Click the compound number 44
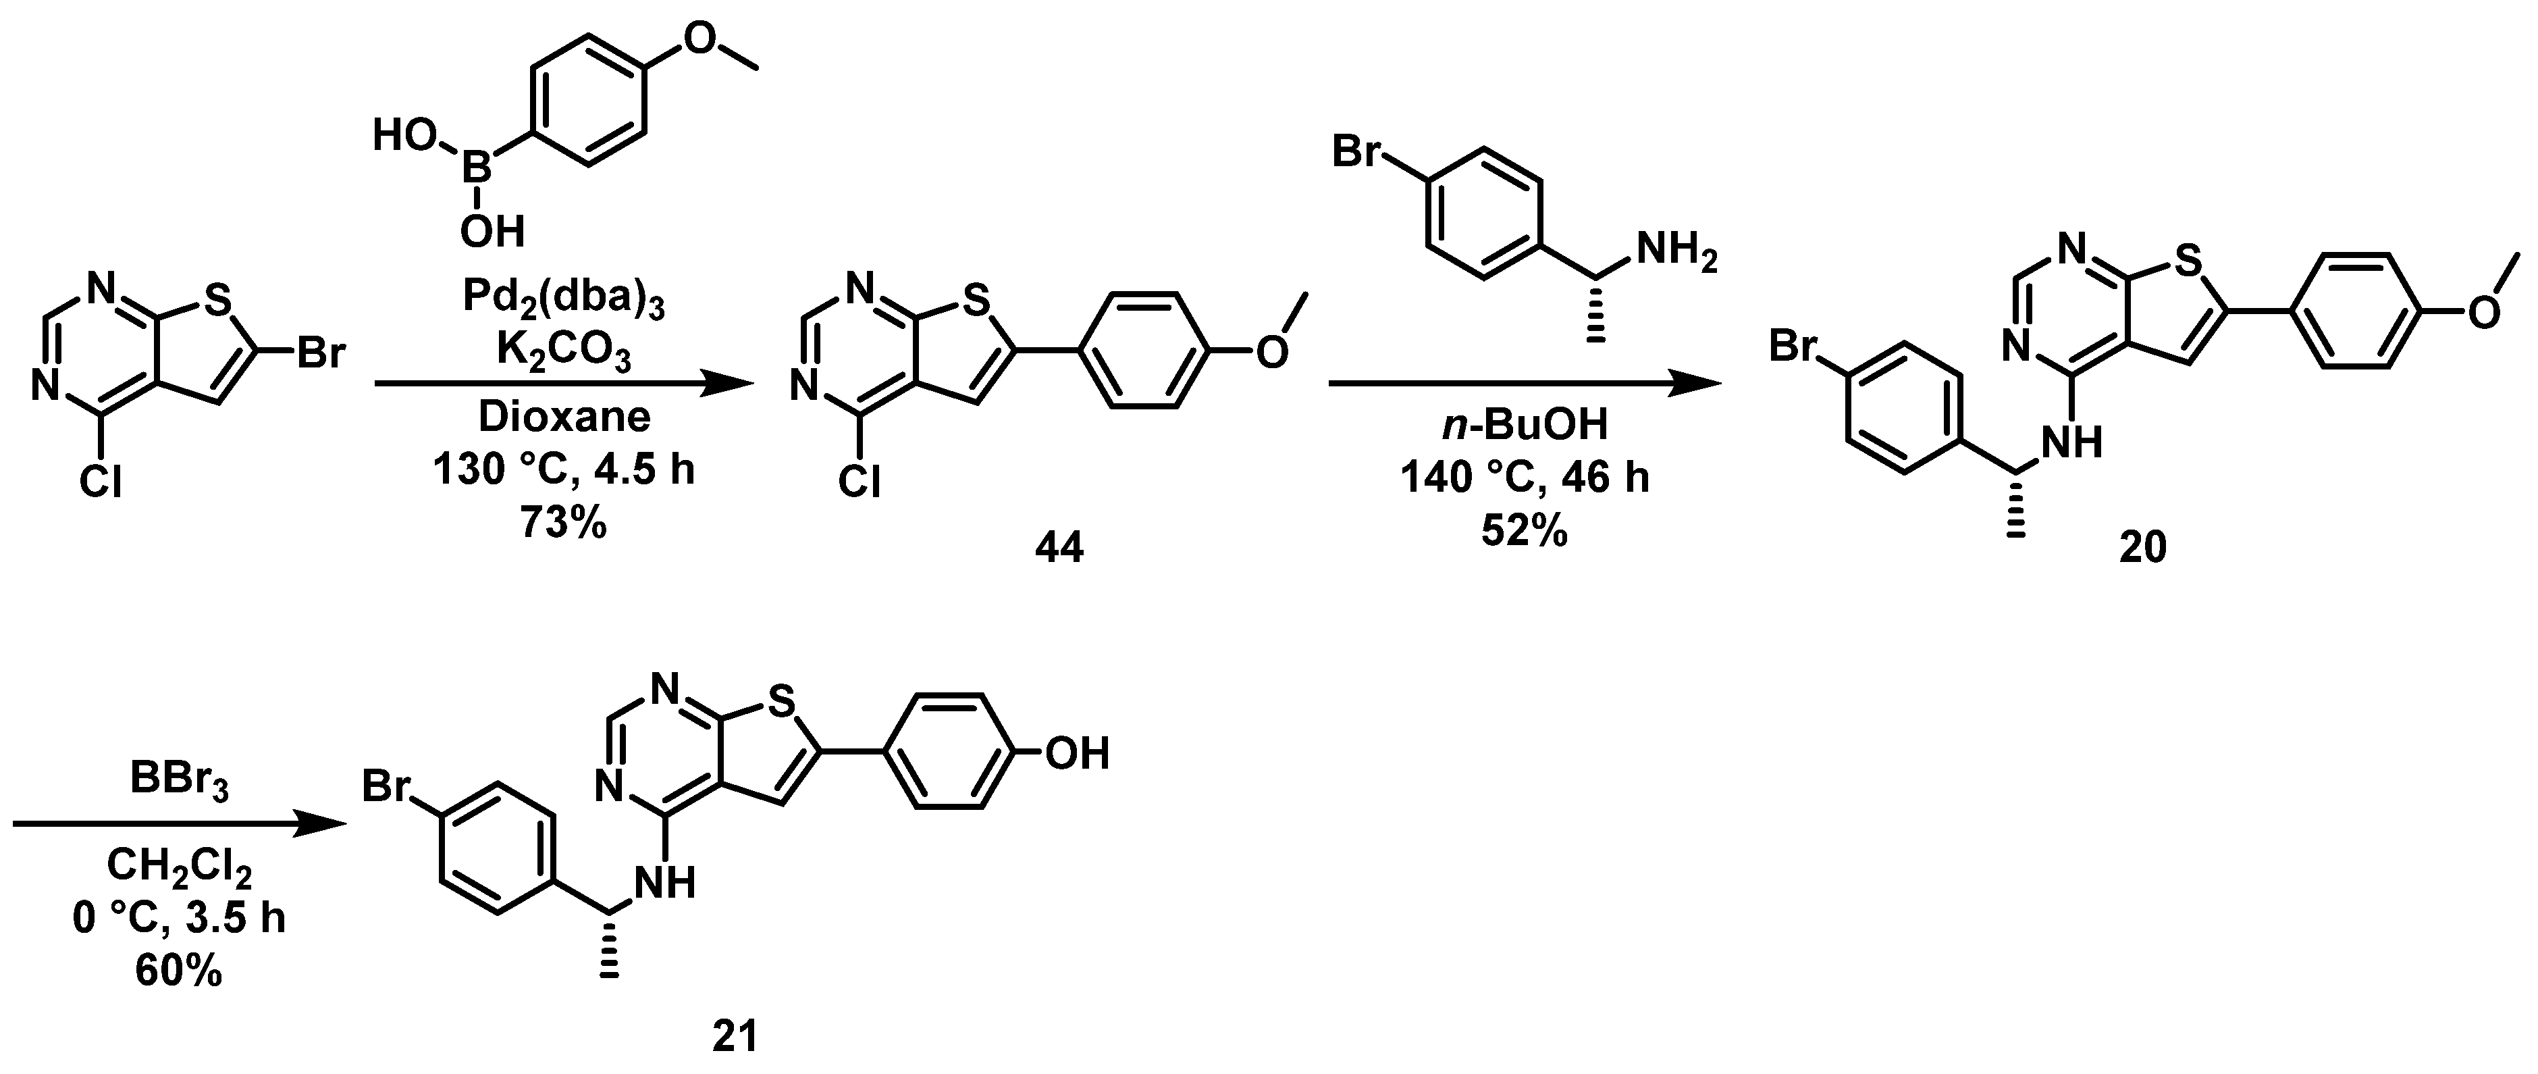tap(1059, 548)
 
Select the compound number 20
tap(2143, 548)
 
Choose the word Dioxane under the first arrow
tap(564, 417)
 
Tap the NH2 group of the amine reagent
tap(1676, 254)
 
